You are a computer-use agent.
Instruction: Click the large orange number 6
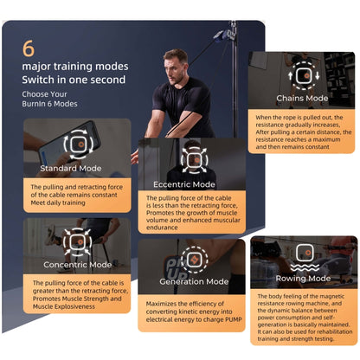[29, 48]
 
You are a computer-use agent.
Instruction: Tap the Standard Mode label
[71, 168]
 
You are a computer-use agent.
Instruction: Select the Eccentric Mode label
[184, 184]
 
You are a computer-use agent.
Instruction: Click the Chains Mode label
[302, 98]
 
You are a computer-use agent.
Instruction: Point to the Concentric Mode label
[77, 265]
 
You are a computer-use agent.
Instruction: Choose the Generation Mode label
[194, 281]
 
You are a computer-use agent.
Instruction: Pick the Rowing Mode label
[303, 279]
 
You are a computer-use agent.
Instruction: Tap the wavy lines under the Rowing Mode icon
[305, 267]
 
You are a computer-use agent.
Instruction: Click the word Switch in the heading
[38, 80]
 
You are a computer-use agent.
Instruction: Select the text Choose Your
[44, 94]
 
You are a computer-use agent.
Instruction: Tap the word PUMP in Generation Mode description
[233, 319]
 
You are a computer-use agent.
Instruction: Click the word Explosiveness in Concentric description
[77, 306]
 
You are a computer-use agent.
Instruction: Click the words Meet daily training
[58, 202]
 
